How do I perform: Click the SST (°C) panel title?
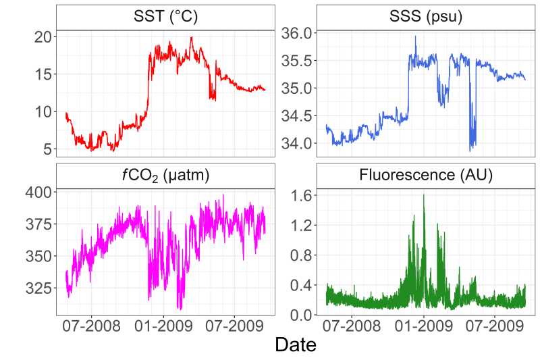tap(165, 17)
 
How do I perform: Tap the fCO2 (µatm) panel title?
tap(165, 177)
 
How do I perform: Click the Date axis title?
tap(296, 345)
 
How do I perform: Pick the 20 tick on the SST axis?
tap(43, 36)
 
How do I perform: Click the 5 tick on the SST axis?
tap(47, 149)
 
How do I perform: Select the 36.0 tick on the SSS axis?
tap(298, 33)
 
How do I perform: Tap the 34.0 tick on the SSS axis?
tap(298, 143)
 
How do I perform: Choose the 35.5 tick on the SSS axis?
tap(298, 61)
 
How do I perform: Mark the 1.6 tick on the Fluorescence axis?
tap(303, 195)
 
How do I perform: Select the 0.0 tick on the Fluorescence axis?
tap(303, 315)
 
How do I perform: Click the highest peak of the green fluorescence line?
tap(424, 195)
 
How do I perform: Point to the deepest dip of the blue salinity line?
tap(470, 150)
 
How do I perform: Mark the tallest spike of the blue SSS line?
tap(416, 36)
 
